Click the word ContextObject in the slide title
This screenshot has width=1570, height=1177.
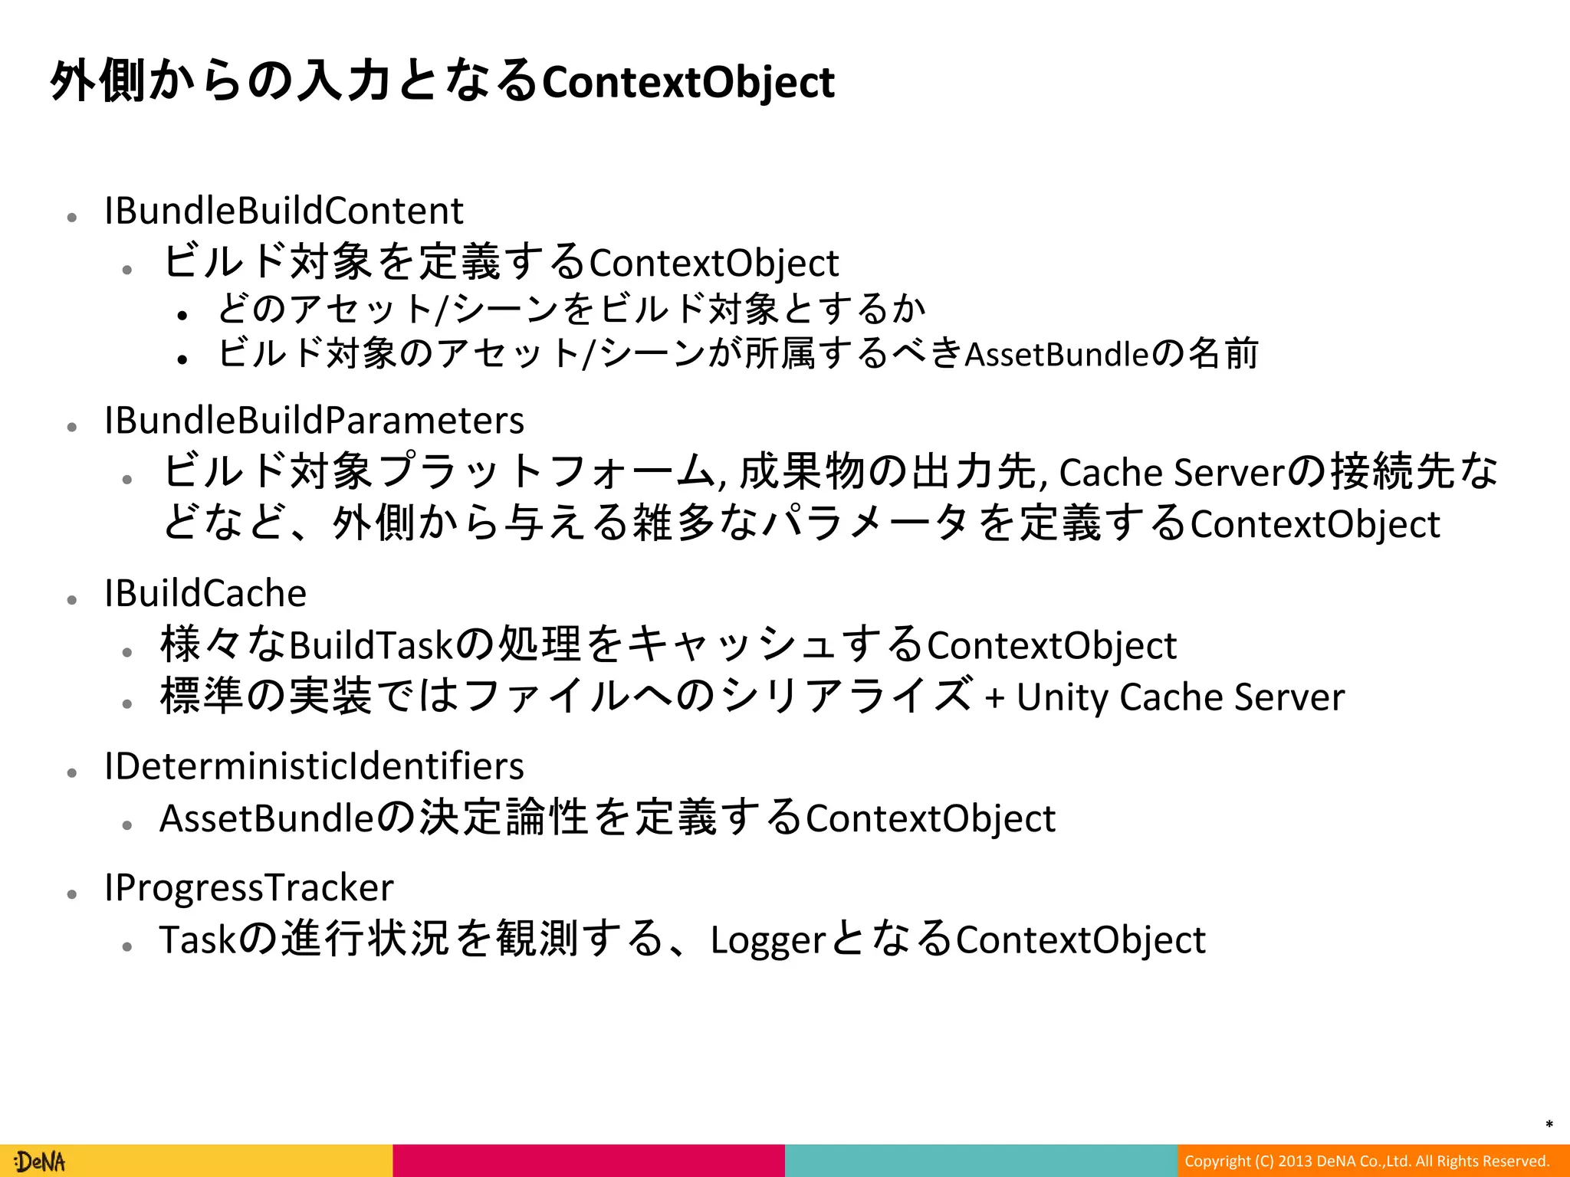[688, 83]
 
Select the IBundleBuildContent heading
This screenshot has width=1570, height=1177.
[284, 211]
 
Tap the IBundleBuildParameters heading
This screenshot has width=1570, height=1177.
[314, 421]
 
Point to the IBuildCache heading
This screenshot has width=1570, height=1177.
[205, 594]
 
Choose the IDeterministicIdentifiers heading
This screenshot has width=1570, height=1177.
[314, 766]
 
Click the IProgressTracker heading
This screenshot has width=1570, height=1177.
[249, 888]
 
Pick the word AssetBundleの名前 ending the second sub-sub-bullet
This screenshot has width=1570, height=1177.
[1111, 354]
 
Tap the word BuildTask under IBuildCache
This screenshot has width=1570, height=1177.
[372, 645]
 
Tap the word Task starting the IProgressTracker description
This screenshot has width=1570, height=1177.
[196, 940]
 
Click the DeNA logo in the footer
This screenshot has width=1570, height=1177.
[41, 1162]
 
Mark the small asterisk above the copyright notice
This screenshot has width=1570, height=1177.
[1549, 1125]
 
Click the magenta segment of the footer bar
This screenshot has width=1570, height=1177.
[589, 1161]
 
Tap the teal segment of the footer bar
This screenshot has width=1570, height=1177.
[981, 1161]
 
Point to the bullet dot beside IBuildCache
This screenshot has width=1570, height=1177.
[72, 600]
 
